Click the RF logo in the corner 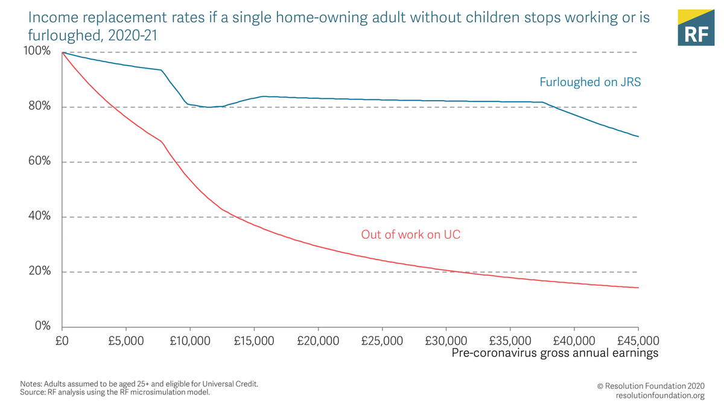point(696,27)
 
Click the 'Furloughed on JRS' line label point(589,82)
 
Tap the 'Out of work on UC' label point(410,235)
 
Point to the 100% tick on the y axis point(37,51)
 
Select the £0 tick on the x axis point(63,341)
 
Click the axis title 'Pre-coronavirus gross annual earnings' point(554,353)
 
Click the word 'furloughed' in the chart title point(62,36)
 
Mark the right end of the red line point(638,288)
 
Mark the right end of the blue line point(638,137)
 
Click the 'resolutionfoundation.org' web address point(660,396)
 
